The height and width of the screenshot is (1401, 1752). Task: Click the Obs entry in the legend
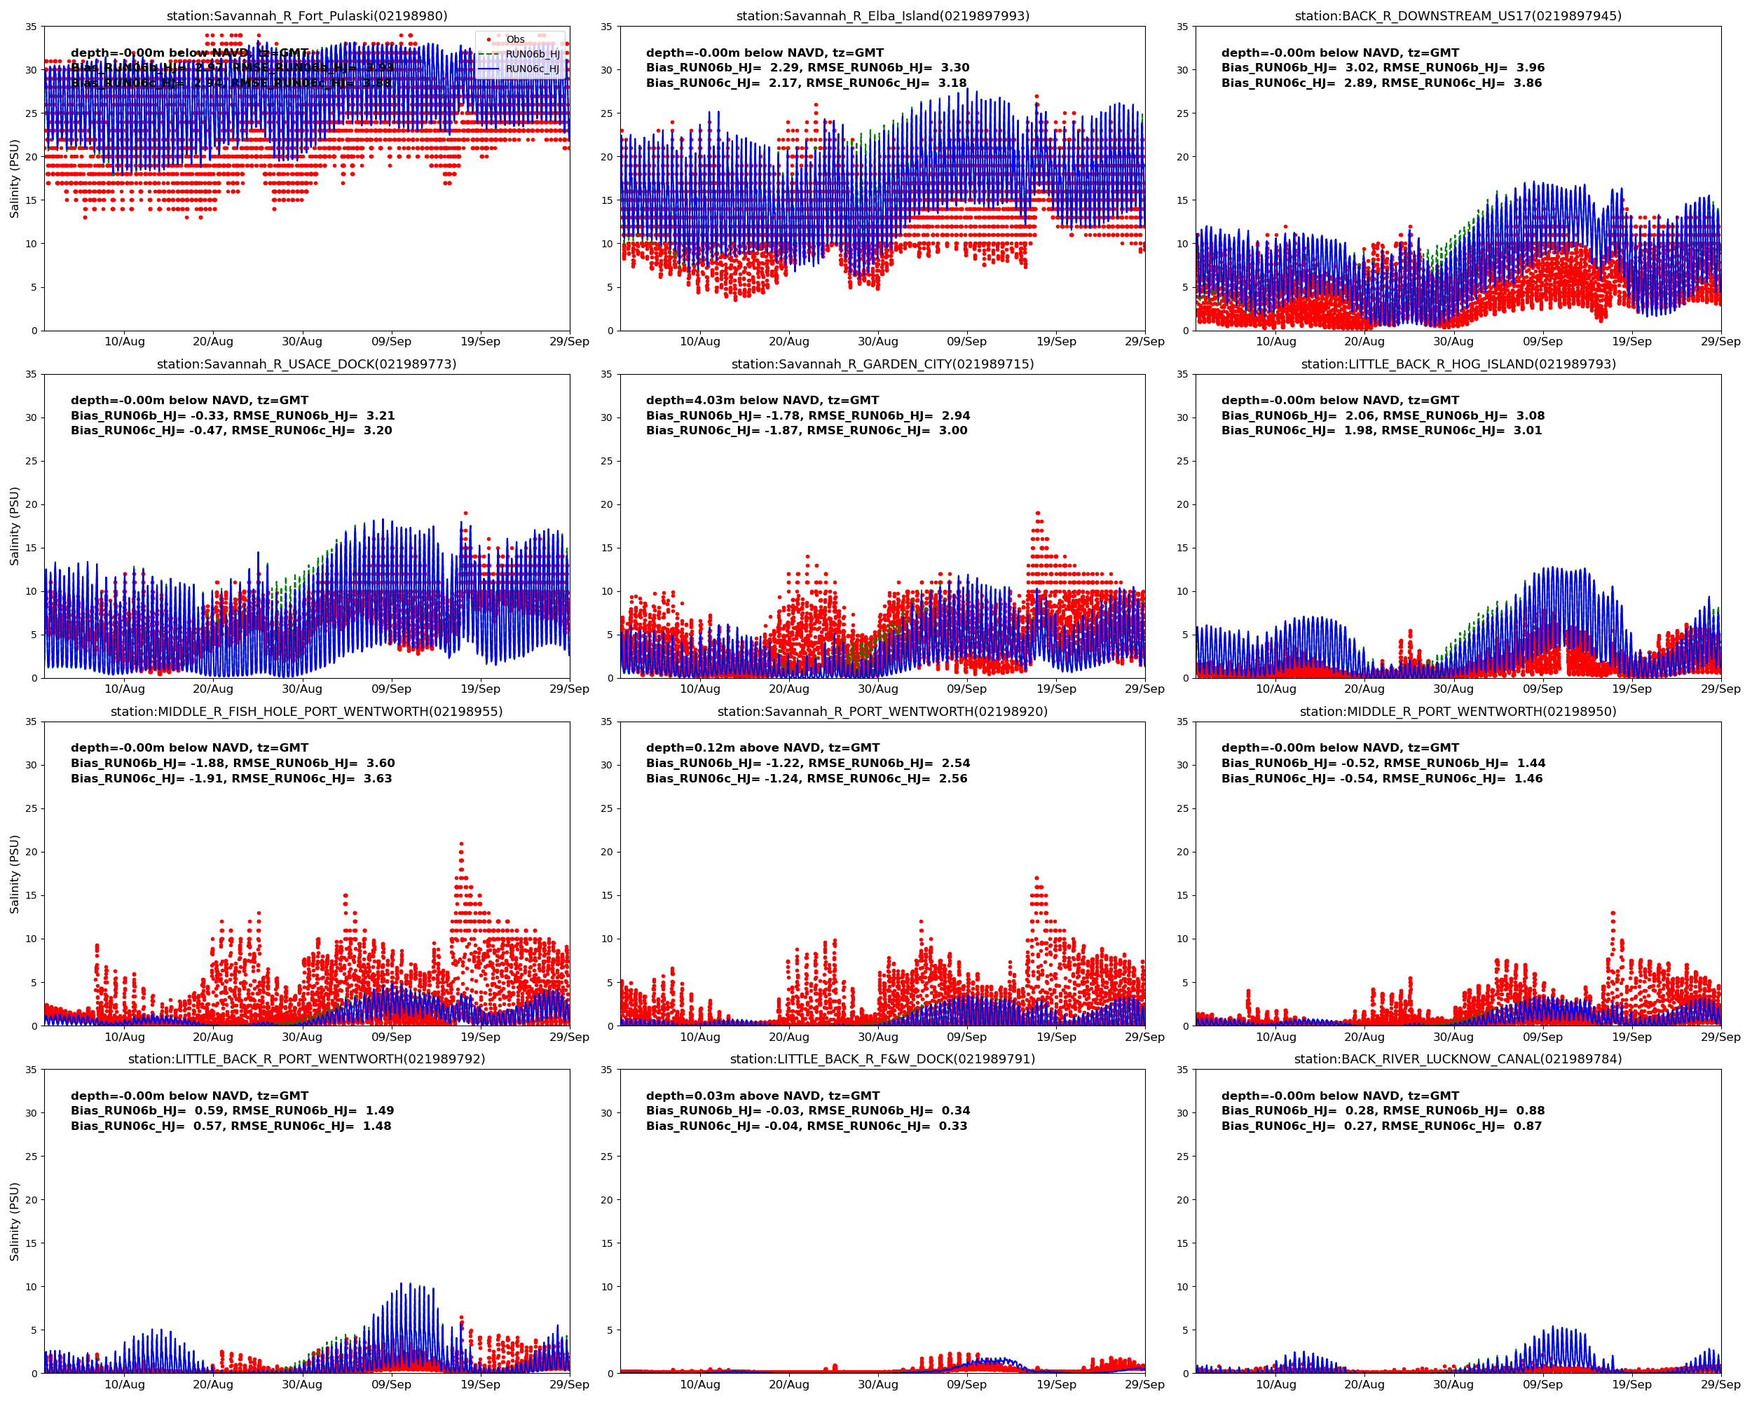[515, 39]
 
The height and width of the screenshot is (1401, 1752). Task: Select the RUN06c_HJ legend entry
[533, 69]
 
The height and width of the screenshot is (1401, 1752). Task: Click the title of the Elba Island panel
[882, 15]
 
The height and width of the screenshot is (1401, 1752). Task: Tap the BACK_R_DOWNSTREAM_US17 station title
[1457, 15]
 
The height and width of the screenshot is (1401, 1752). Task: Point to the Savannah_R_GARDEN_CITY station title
[882, 364]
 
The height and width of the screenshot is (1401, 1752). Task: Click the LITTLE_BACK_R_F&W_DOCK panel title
[882, 1059]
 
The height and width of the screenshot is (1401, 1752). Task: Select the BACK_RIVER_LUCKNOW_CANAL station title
[1457, 1059]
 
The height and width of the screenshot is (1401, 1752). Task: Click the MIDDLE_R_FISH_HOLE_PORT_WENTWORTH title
[306, 712]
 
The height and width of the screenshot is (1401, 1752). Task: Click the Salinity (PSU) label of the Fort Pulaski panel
[14, 179]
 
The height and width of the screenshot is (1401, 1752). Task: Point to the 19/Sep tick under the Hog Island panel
[1631, 689]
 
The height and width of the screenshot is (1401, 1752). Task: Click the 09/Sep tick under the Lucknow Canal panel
[1542, 1384]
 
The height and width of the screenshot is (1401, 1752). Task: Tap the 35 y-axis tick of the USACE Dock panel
[31, 374]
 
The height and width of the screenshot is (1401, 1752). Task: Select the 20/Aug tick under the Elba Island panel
[788, 341]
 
